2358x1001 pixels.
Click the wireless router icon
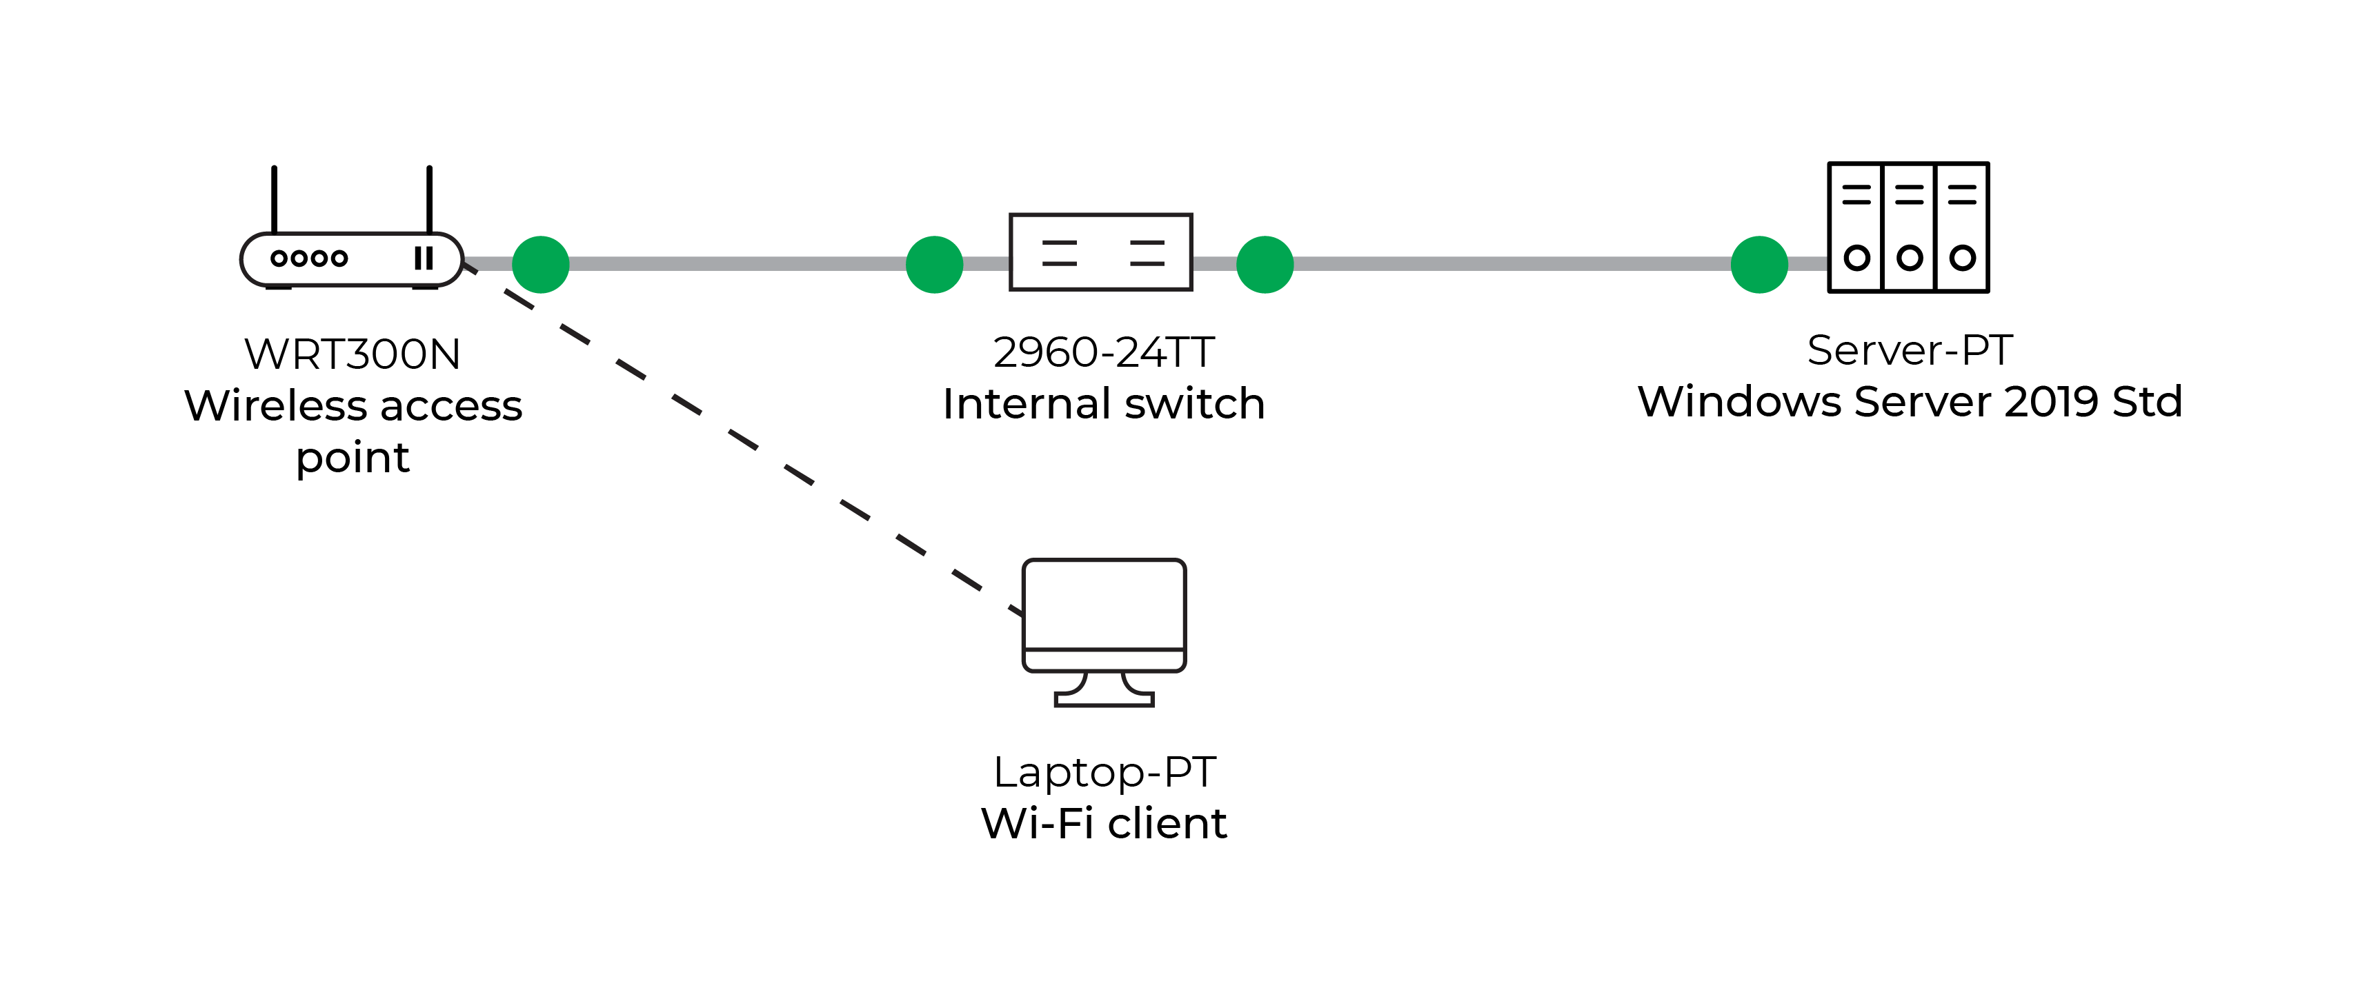[352, 259]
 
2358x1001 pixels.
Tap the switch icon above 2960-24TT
[1100, 252]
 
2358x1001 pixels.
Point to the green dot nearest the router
[541, 265]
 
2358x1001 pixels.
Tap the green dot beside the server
[1758, 265]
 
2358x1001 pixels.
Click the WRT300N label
[353, 354]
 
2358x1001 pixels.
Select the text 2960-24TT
[1103, 352]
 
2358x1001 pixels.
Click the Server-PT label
[1910, 350]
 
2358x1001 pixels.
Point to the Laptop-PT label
[1104, 772]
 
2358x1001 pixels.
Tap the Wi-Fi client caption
[1103, 824]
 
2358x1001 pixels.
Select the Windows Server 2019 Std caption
[1910, 402]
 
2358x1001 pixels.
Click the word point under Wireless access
[353, 458]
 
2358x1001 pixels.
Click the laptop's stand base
[1104, 700]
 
